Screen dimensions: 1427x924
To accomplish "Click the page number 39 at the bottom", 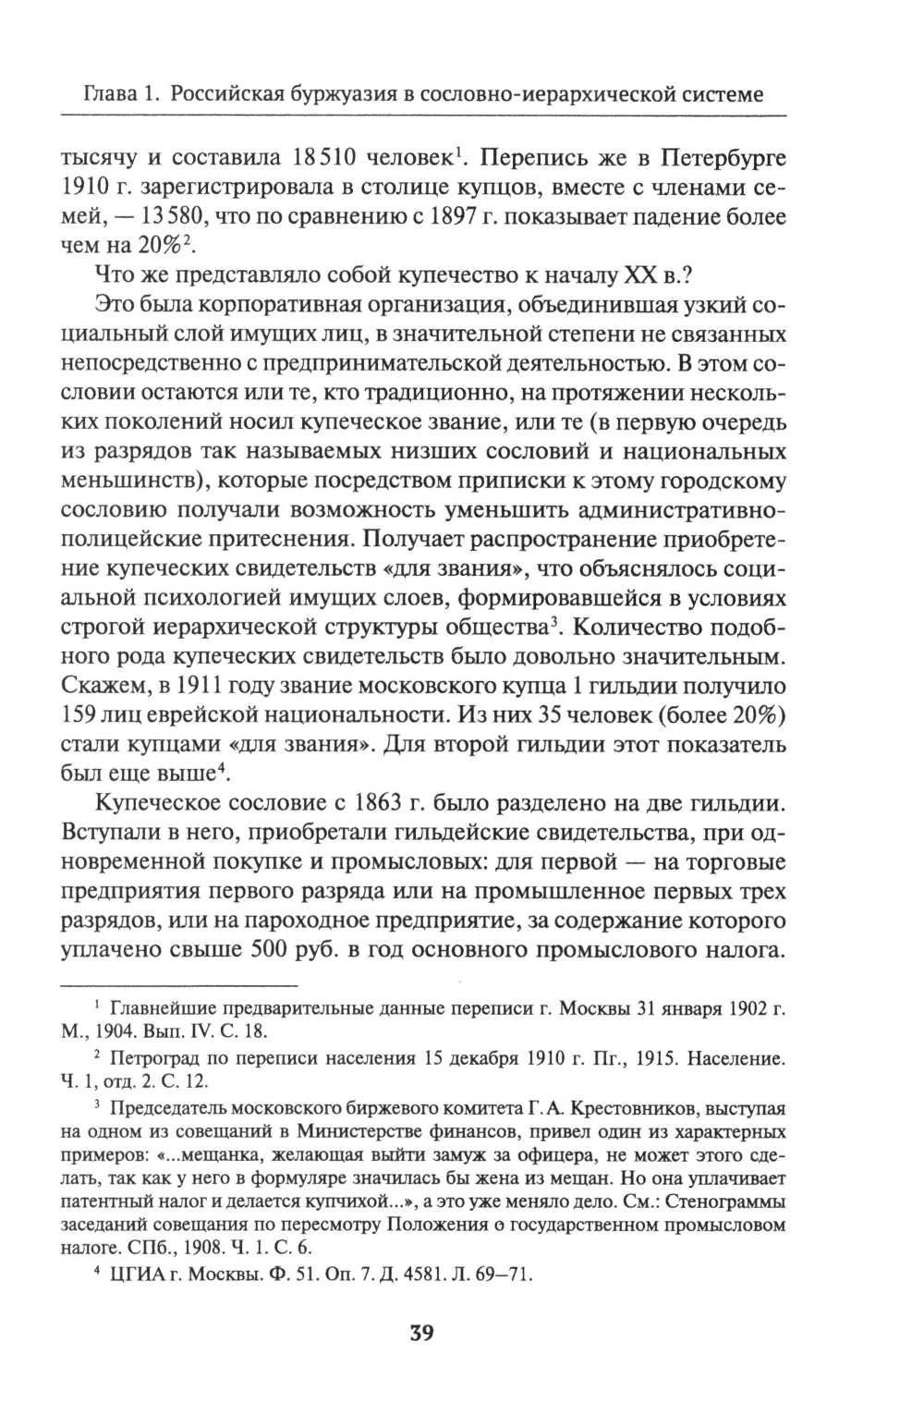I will click(x=420, y=1335).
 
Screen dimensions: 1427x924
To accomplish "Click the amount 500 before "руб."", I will click(x=277, y=954).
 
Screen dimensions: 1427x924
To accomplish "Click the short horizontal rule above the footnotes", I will click(x=178, y=985).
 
